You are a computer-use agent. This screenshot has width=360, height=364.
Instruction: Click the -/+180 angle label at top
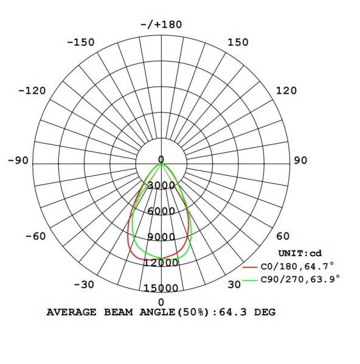coord(161,24)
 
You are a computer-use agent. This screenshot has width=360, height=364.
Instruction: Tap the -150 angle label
coord(81,43)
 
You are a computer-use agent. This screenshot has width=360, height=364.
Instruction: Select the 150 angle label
coord(238,42)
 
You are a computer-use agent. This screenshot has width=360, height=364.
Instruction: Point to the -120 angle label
coord(32,91)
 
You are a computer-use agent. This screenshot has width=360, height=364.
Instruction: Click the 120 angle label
coord(286,91)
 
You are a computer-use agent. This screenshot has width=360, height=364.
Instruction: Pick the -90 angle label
coord(18,161)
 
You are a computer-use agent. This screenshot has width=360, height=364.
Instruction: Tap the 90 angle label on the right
coord(300,161)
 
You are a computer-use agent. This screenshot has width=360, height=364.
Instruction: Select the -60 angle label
coord(35,236)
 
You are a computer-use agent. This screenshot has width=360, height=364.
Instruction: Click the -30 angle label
coord(84,285)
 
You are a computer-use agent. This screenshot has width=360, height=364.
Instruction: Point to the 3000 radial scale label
coord(161,185)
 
